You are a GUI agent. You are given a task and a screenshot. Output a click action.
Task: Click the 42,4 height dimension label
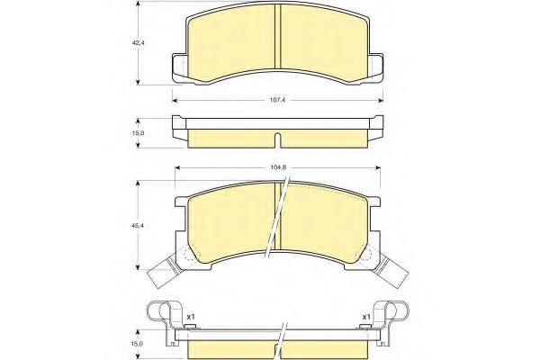tap(138, 43)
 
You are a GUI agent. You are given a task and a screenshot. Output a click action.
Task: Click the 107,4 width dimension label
tap(277, 100)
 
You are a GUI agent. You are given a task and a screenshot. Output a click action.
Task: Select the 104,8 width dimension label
tap(277, 167)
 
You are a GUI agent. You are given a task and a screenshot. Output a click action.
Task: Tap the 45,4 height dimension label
tap(138, 225)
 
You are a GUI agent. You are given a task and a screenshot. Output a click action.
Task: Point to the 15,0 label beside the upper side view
tap(138, 133)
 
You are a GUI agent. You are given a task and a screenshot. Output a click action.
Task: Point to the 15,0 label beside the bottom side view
tap(138, 344)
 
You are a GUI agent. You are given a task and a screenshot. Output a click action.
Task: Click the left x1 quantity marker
tap(191, 317)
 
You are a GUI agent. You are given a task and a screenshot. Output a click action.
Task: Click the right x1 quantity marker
tap(366, 317)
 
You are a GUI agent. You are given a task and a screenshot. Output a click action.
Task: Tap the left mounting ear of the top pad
tap(179, 67)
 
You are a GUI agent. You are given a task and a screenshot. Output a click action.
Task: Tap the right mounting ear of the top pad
tap(376, 67)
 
